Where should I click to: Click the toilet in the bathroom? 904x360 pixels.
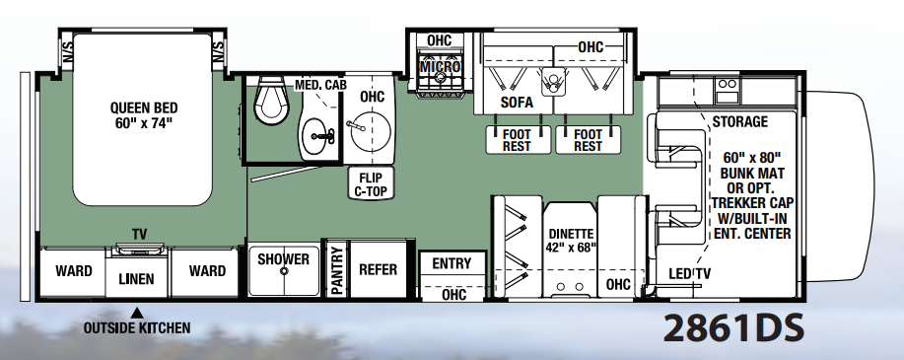point(270,100)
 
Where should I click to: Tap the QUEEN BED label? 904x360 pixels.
point(144,108)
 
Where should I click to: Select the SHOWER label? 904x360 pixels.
point(283,259)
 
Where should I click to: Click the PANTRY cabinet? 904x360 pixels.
point(337,270)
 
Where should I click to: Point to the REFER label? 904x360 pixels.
point(379,269)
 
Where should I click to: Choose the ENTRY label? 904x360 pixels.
point(452,263)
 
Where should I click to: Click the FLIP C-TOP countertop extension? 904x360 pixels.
point(371,182)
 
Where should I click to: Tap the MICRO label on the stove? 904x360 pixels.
point(440,67)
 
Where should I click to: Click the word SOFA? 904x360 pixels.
point(517,103)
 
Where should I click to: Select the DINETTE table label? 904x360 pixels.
point(571,234)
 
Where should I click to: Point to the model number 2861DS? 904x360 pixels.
point(733,328)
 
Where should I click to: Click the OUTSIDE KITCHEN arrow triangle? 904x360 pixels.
point(137,314)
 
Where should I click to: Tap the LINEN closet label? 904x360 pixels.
point(137,279)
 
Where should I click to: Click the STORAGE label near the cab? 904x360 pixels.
point(740,121)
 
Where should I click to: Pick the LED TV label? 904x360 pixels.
point(689,274)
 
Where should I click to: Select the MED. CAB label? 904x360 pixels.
point(320,86)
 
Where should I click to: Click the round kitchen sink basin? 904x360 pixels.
point(370,128)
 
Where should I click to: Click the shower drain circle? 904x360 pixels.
point(284,270)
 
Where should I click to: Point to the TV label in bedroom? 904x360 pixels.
point(140,234)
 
